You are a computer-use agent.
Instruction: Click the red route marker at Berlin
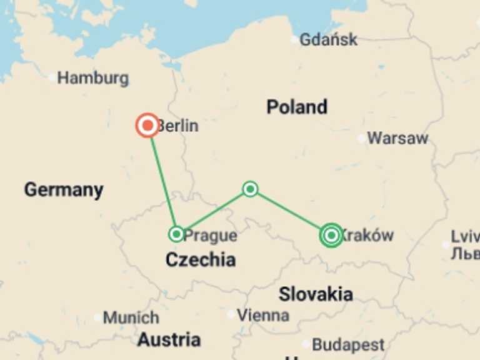[147, 126]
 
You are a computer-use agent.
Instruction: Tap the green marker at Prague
[177, 234]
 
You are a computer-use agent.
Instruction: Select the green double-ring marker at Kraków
[331, 235]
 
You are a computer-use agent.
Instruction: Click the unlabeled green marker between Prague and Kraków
[250, 189]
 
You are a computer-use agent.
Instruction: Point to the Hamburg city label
[93, 78]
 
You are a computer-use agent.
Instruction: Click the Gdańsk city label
[328, 39]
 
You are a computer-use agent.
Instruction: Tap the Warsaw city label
[397, 138]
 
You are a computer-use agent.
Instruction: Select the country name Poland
[297, 107]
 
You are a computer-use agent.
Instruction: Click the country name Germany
[64, 189]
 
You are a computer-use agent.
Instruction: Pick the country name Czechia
[200, 260]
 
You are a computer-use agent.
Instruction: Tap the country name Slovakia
[316, 294]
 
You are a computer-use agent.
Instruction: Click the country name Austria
[169, 340]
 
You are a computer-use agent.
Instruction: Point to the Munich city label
[131, 317]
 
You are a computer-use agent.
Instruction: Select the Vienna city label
[263, 315]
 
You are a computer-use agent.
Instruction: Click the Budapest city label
[348, 344]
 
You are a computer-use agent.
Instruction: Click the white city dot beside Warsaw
[361, 138]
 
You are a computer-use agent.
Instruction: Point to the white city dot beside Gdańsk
[294, 39]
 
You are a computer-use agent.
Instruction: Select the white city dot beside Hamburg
[52, 78]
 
